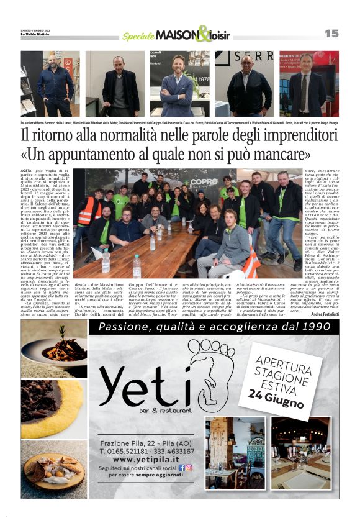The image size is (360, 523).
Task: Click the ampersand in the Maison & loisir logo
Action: pyautogui.click(x=203, y=34)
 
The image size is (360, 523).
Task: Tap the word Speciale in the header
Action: pyautogui.click(x=138, y=36)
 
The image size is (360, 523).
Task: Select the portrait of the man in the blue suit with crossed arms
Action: pyautogui.click(x=176, y=84)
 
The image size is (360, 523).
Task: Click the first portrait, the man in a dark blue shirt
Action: pyautogui.click(x=50, y=84)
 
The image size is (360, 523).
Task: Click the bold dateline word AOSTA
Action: pyautogui.click(x=27, y=170)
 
